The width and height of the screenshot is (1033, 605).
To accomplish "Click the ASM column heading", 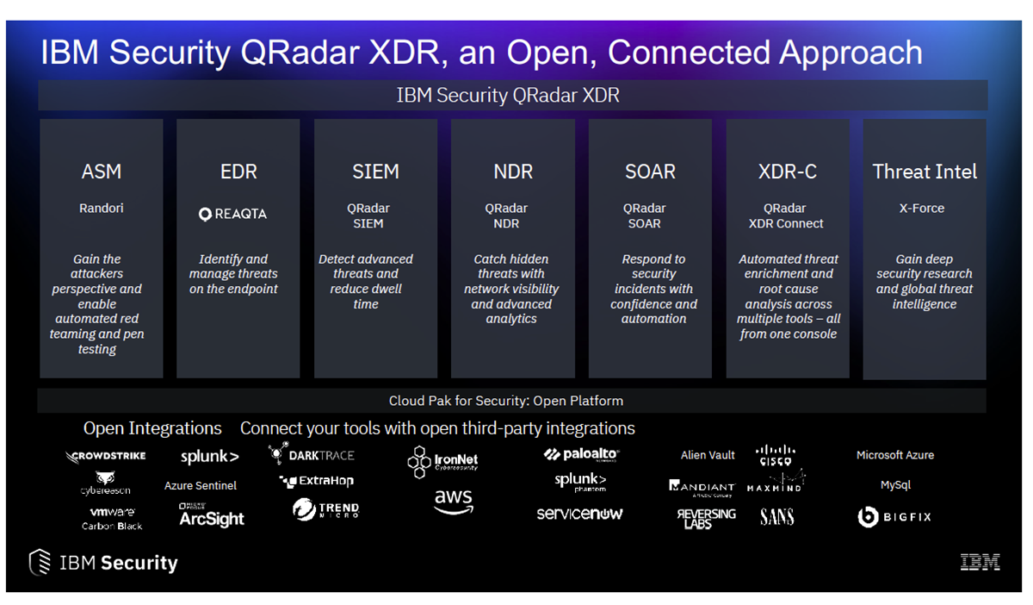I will [101, 172].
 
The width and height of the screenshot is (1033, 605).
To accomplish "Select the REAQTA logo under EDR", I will [232, 215].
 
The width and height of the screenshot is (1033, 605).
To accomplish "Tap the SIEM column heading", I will [375, 172].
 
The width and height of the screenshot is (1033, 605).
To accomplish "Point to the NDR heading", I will [512, 172].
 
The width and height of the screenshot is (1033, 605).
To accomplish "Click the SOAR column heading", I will [650, 172].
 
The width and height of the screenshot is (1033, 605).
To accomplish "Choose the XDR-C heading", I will [787, 172].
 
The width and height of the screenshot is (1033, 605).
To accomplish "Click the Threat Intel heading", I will [925, 172].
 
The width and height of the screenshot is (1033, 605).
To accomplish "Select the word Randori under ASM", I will [101, 209].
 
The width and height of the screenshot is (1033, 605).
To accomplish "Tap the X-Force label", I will [922, 209].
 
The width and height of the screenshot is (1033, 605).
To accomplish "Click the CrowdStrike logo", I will [106, 456].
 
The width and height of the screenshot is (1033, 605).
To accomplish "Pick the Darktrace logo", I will [312, 454].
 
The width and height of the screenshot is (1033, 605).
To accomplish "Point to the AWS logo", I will [453, 501].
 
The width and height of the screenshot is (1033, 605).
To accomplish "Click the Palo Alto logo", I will [581, 454].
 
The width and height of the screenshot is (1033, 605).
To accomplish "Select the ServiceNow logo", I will [579, 514].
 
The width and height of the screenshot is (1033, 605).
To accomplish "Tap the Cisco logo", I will [775, 454].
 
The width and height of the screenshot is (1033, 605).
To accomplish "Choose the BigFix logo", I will [894, 517].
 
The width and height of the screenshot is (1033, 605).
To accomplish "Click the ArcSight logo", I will [212, 517].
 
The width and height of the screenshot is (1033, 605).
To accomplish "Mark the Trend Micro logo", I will [325, 510].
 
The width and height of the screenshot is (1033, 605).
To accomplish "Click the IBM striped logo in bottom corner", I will [980, 563].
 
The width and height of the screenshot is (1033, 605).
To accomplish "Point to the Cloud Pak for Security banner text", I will [506, 401].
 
